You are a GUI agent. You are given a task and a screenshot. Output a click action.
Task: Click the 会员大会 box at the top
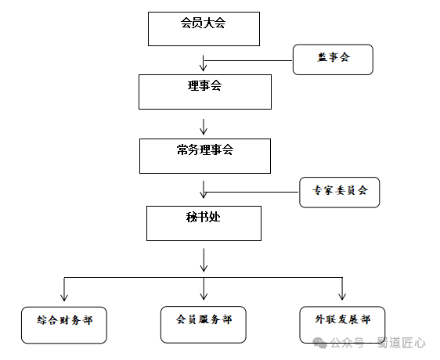point(204,29)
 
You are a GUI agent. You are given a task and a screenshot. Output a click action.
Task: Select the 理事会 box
point(205,92)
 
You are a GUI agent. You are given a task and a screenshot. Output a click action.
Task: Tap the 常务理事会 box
point(205,156)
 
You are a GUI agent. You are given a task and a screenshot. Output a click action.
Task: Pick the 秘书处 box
point(204,223)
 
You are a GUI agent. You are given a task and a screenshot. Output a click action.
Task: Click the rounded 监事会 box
point(333,59)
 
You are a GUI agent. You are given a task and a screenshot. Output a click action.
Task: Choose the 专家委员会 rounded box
point(340,193)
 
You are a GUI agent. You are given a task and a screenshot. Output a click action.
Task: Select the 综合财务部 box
point(64,325)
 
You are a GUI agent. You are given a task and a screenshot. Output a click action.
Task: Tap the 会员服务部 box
point(204,325)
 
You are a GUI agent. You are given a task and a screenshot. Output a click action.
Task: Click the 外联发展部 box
point(342,325)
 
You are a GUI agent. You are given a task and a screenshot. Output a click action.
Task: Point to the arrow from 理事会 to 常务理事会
point(204,127)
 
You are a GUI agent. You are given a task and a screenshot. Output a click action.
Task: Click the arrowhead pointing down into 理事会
point(204,67)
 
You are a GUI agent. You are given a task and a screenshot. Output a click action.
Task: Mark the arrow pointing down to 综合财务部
point(64,290)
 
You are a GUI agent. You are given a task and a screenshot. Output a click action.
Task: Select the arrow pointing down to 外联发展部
point(342,289)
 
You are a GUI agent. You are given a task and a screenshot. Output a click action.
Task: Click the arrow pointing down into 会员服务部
point(204,289)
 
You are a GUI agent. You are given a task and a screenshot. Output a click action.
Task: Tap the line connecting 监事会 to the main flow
point(248,60)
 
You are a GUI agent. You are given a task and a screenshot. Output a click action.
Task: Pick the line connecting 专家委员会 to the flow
point(251,193)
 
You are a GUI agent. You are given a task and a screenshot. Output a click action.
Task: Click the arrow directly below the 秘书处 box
point(204,260)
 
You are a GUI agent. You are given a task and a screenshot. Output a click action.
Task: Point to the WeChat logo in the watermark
point(320,343)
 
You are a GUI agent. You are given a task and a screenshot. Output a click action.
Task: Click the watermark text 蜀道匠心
point(402,343)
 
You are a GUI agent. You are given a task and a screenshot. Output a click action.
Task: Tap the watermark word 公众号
point(347,343)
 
